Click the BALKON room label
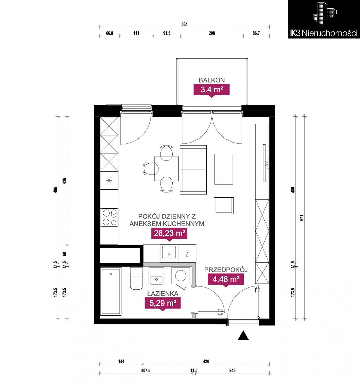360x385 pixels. tap(212, 80)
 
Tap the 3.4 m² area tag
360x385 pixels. tap(212, 90)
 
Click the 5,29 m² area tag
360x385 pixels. tap(163, 303)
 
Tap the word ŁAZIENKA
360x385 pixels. tap(163, 294)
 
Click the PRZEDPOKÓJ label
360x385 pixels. tap(226, 269)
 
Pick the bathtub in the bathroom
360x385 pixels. tap(111, 291)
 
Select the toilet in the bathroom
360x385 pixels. tap(136, 278)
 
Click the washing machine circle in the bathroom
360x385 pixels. tap(181, 275)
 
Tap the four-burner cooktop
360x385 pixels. tap(109, 217)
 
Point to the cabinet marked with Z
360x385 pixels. tap(187, 253)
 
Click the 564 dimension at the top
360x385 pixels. tap(184, 24)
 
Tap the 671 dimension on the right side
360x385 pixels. tap(302, 218)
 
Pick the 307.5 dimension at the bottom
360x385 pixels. tap(146, 371)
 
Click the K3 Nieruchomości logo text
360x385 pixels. tap(324, 33)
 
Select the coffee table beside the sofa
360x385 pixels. tap(224, 169)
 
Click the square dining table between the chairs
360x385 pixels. tap(167, 169)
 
